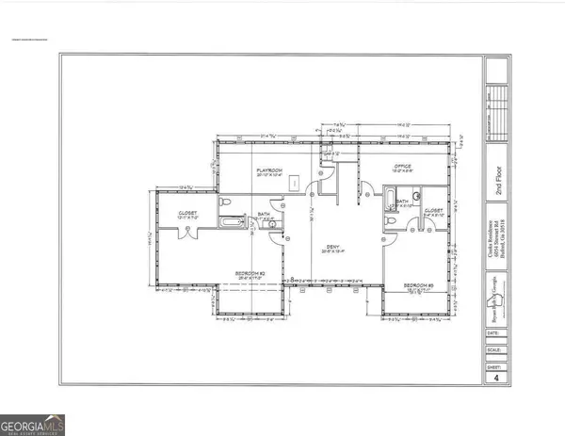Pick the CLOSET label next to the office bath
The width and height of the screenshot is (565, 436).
pyautogui.click(x=434, y=211)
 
